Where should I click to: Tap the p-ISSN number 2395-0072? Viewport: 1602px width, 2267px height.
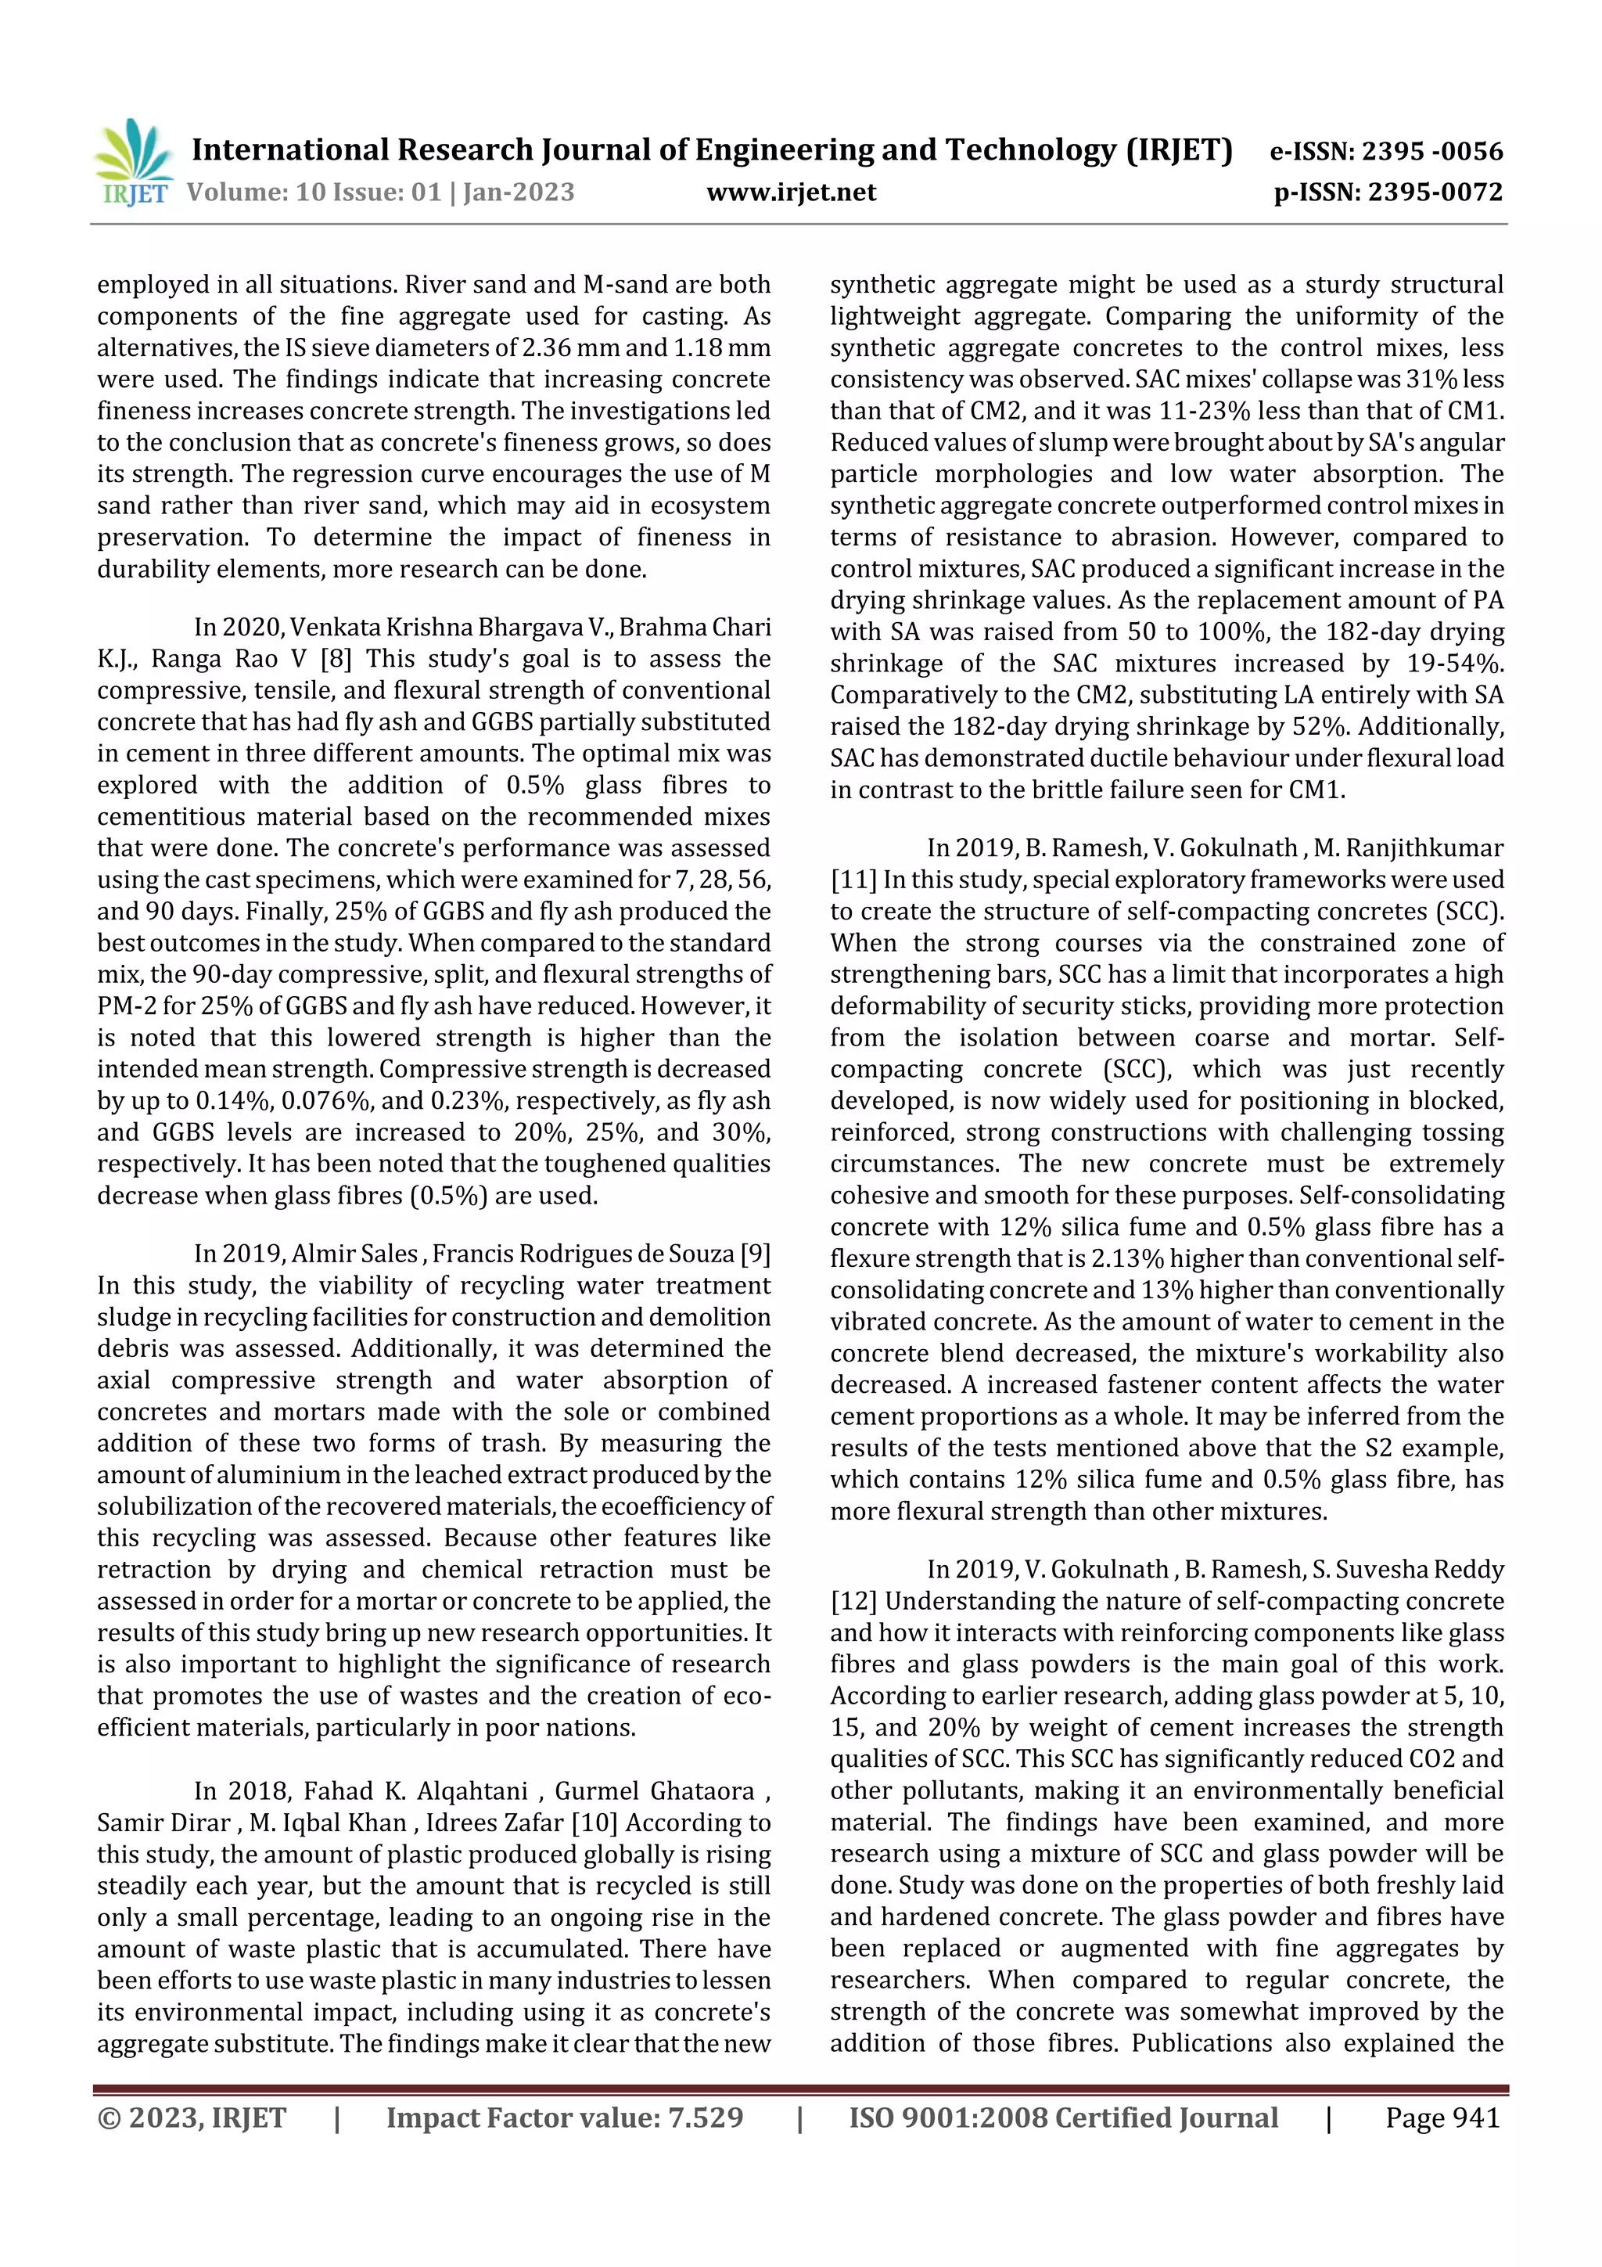(1434, 192)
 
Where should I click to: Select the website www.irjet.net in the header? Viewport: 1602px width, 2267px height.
(791, 192)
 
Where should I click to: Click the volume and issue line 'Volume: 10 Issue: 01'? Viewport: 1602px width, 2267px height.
(313, 192)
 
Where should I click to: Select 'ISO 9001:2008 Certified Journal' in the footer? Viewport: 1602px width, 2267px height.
(1063, 2117)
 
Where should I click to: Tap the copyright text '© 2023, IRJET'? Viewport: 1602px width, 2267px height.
(192, 2117)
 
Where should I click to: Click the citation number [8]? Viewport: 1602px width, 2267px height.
(336, 659)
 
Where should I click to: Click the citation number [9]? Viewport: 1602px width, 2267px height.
(755, 1253)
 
